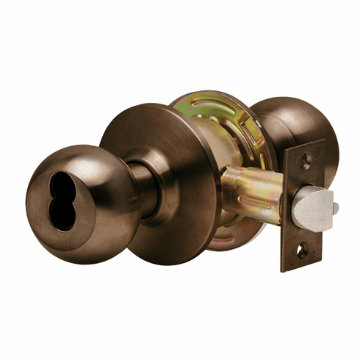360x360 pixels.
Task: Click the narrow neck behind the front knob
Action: point(145,192)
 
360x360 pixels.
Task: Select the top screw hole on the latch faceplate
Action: point(306,157)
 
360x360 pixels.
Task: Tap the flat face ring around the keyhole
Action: point(44,220)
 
